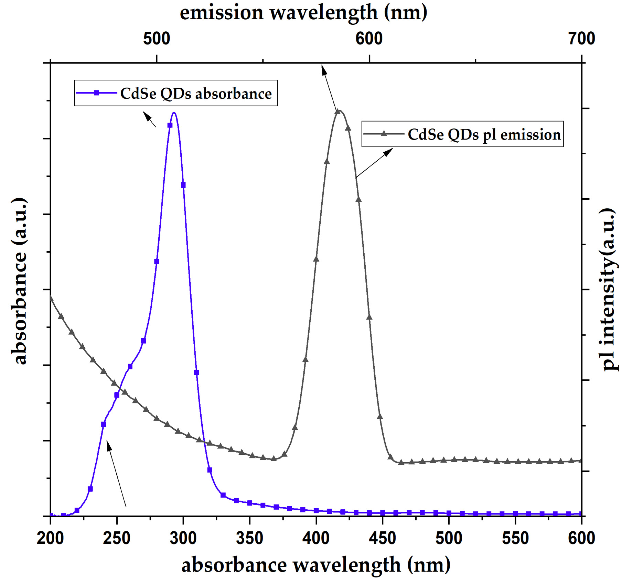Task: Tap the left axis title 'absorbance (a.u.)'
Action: click(x=20, y=281)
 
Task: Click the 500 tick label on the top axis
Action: click(x=156, y=39)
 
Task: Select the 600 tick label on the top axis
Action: click(x=369, y=39)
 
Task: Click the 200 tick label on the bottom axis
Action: click(x=50, y=538)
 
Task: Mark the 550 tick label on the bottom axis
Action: click(x=515, y=538)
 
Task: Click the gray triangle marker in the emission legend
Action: click(x=384, y=134)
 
